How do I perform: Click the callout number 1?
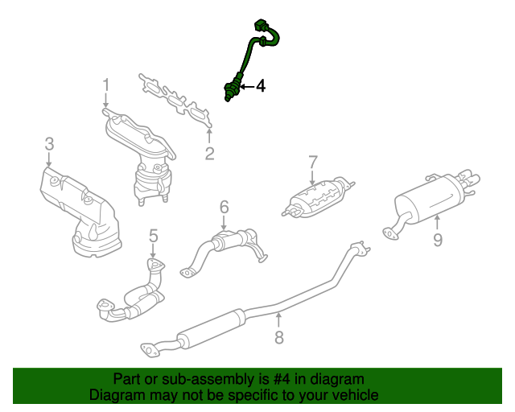[x=105, y=84]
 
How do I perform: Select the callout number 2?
[x=209, y=154]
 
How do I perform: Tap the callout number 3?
[x=49, y=144]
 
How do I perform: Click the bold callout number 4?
[x=261, y=86]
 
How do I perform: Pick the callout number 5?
[x=154, y=236]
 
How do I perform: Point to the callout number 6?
[x=224, y=208]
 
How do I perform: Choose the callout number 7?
[x=313, y=163]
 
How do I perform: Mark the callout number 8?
[x=279, y=337]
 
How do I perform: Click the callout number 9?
[x=438, y=240]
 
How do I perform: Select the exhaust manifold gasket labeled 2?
[x=176, y=101]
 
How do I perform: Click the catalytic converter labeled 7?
[x=318, y=198]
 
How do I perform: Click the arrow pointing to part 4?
[x=247, y=87]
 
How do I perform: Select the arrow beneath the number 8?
[x=278, y=320]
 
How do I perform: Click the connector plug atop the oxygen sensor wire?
[x=262, y=26]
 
